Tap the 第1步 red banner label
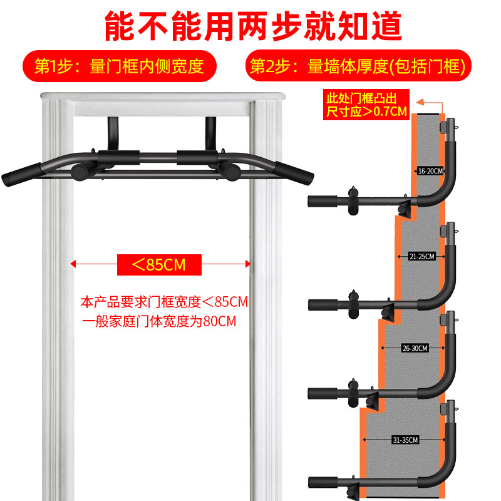[119, 66]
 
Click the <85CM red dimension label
[160, 264]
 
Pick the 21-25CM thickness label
[420, 256]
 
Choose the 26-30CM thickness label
[415, 348]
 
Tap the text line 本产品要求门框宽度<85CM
[165, 302]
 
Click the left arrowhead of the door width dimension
[73, 264]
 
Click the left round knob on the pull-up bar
[81, 170]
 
